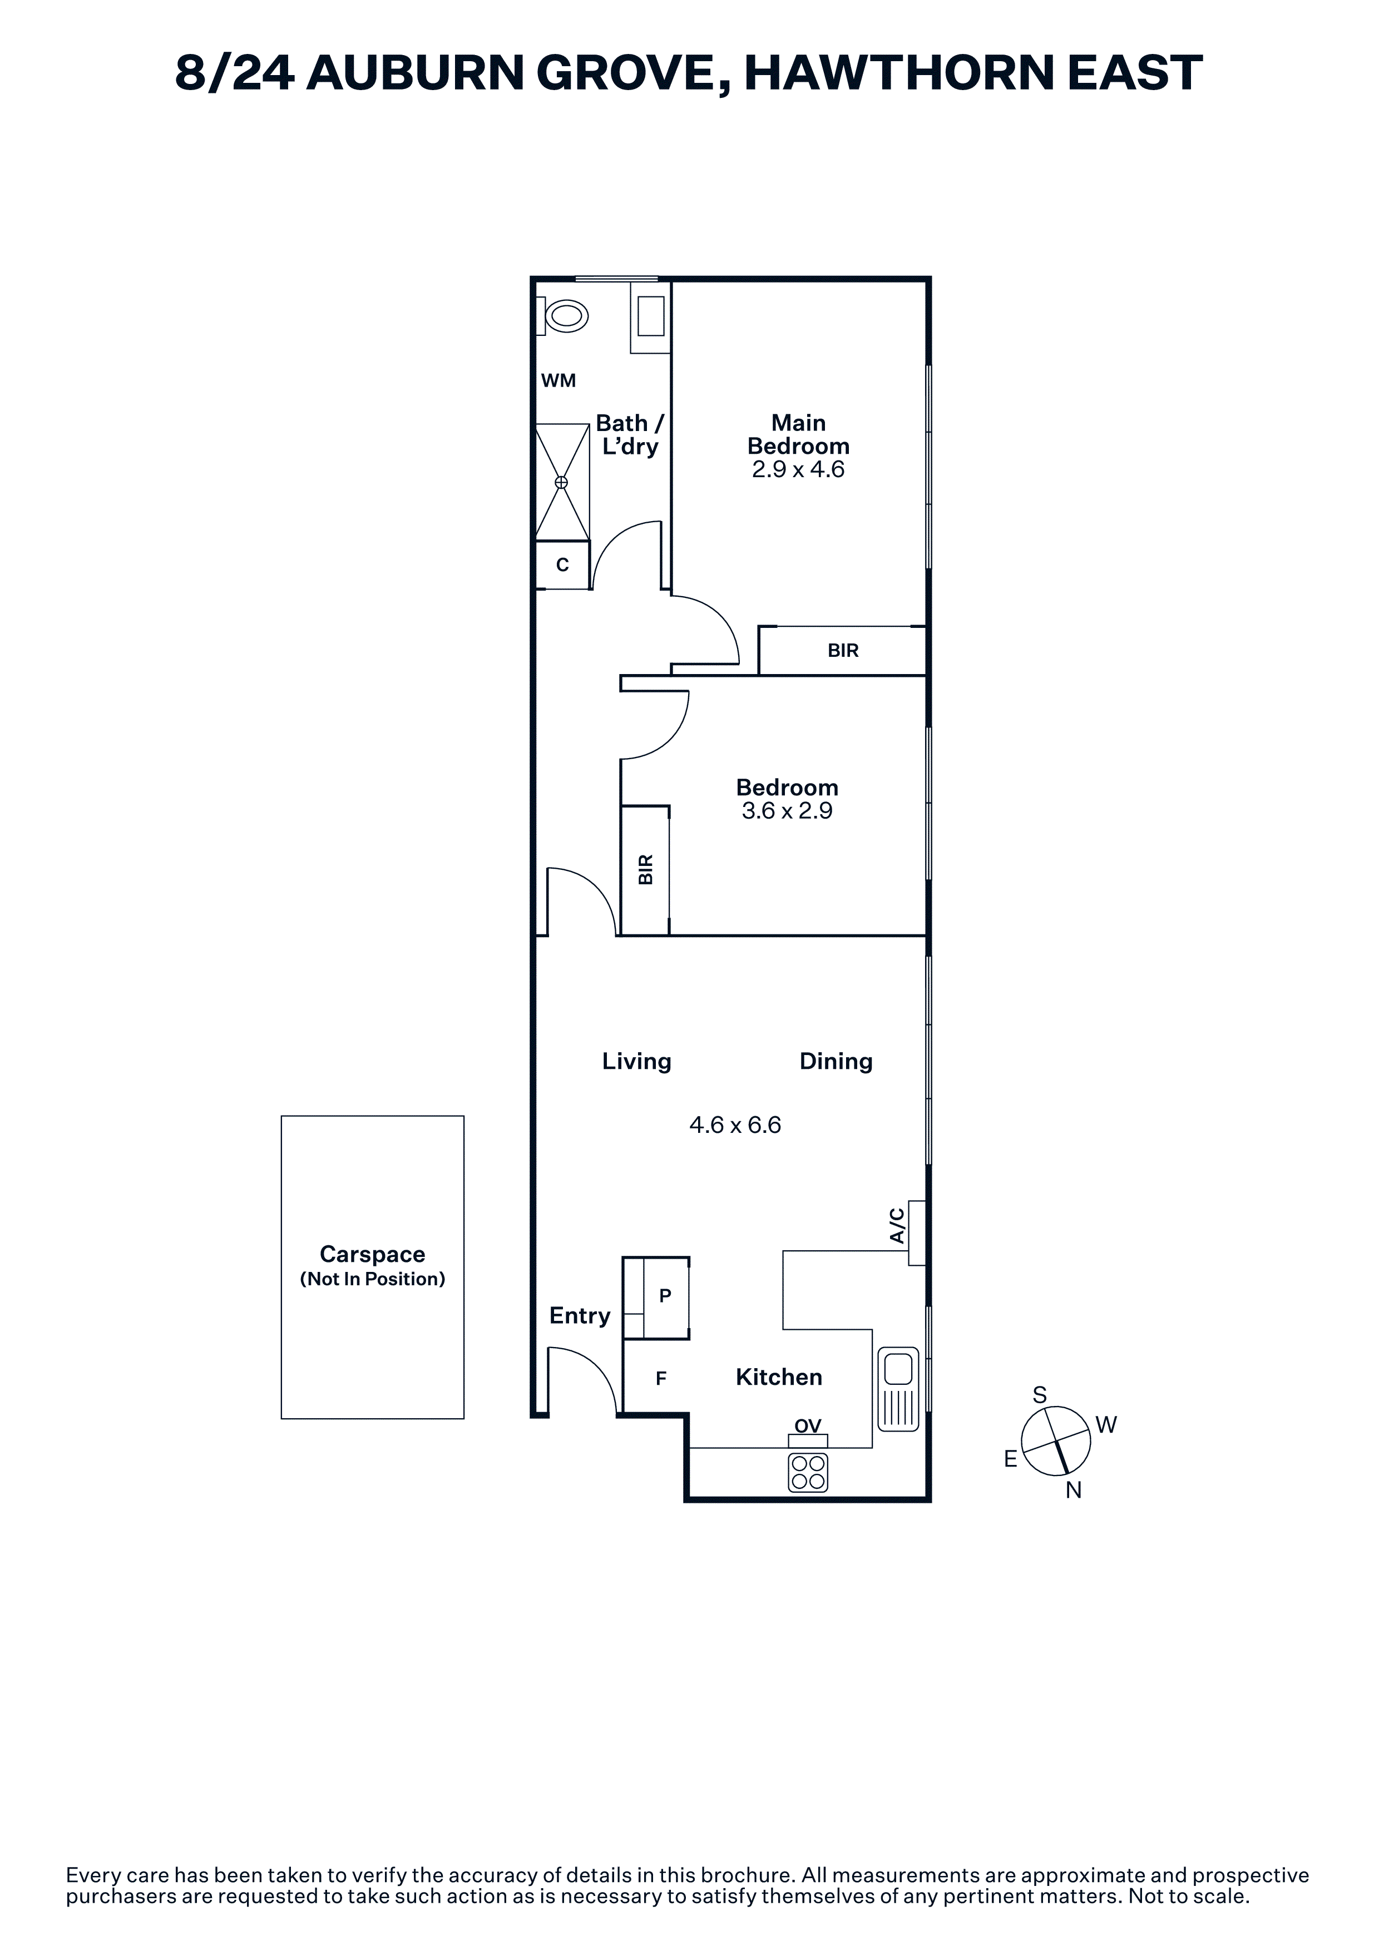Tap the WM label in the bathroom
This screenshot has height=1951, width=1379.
click(558, 380)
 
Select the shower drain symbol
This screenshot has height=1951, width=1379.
click(561, 482)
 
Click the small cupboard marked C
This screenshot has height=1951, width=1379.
click(562, 565)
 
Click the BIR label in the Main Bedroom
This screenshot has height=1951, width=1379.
click(843, 650)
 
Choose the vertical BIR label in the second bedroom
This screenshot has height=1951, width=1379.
click(646, 870)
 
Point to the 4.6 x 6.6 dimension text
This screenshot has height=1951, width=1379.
click(735, 1125)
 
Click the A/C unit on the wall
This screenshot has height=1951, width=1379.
click(917, 1233)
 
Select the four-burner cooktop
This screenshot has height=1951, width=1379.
click(808, 1473)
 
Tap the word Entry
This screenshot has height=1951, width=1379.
click(580, 1315)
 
